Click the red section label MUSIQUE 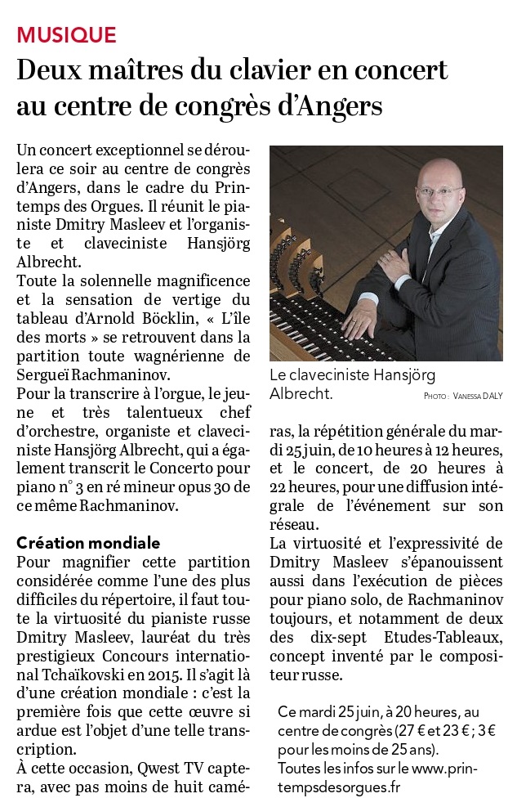coord(67,34)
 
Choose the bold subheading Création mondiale coord(88,543)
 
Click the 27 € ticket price coord(421,729)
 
